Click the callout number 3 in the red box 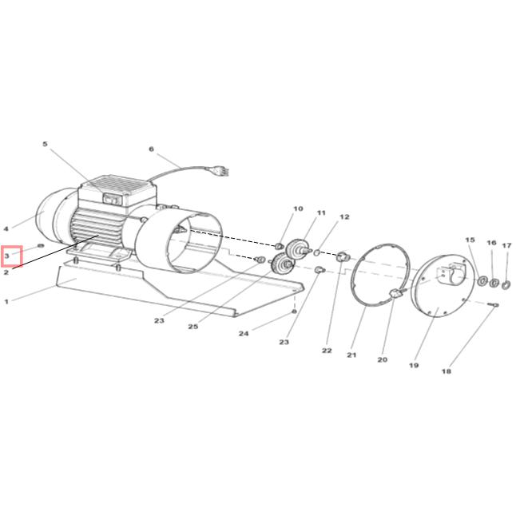coord(7,256)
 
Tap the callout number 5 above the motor coord(45,144)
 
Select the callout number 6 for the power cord coord(151,149)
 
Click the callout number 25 coord(193,327)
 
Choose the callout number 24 coord(244,333)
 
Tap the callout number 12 coord(344,217)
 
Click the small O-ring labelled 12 coord(316,252)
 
